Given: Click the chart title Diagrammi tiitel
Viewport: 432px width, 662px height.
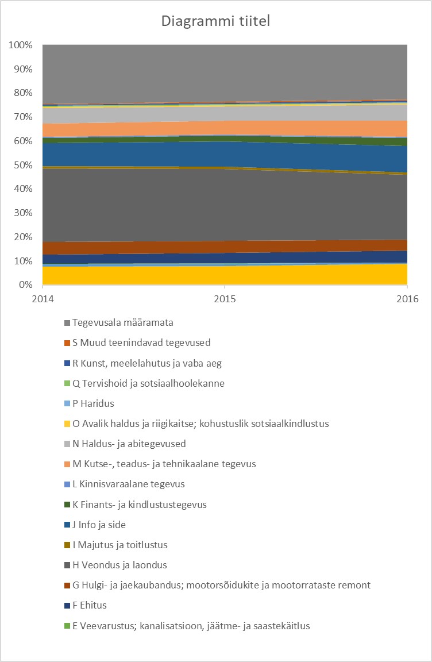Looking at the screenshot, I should coord(215,22).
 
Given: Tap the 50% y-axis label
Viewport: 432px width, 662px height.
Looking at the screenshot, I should coord(22,165).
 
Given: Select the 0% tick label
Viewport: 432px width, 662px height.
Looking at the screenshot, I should coord(25,285).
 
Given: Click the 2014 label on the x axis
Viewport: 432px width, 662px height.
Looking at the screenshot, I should coord(43,299).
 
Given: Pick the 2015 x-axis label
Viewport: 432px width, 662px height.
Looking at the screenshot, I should coord(225,299).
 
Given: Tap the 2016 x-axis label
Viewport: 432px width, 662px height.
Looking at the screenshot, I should coord(407,299).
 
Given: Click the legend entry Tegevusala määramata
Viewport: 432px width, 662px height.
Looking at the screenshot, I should coord(122,322).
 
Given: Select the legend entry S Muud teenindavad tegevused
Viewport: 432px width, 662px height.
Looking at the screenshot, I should coord(141,342).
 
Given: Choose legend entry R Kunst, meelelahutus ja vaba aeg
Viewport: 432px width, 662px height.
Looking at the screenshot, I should coord(146,363).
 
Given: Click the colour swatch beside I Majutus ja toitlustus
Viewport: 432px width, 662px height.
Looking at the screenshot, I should coord(67,545).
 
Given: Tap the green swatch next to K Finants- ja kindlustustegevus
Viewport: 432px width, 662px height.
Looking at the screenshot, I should coord(67,505).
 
